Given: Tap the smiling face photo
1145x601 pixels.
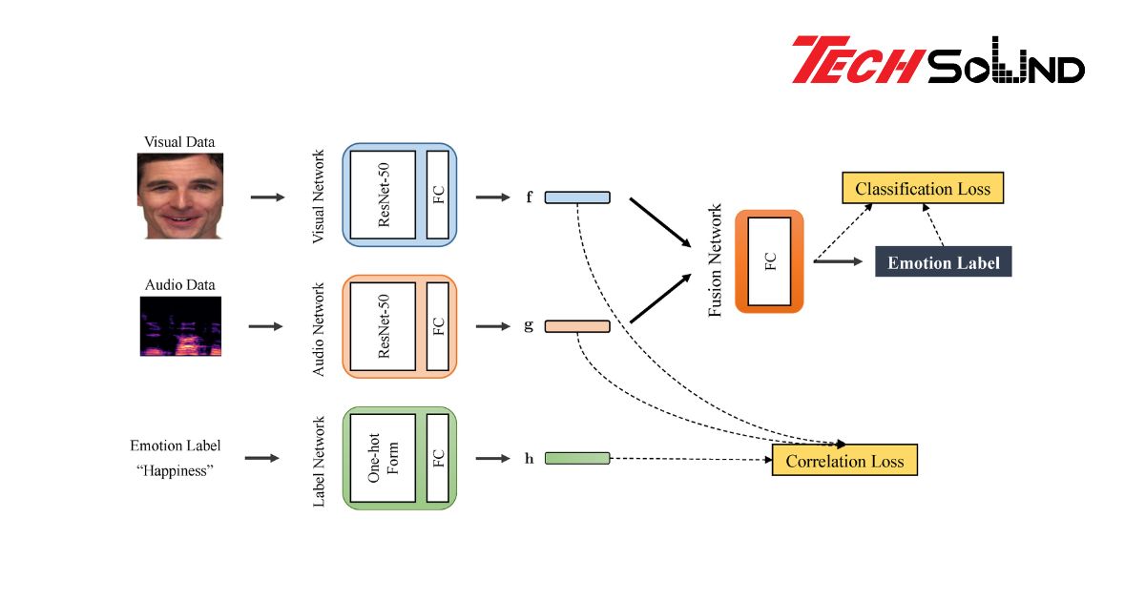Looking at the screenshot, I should pos(180,197).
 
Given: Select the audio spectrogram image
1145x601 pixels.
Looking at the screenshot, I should pos(180,326).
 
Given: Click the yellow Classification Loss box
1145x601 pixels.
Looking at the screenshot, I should pos(923,188).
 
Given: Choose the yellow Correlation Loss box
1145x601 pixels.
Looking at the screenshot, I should pos(844,461).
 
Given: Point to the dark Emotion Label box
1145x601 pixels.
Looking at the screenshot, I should pos(943,262).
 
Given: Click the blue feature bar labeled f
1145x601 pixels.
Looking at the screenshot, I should pos(577,197).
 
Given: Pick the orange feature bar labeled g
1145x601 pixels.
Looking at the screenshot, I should pos(577,326).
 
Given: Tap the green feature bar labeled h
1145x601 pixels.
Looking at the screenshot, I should pos(577,458).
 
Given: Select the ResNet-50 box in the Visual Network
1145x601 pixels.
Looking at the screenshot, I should pos(384,196).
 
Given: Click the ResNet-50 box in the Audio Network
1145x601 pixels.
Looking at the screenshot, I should pos(384,326).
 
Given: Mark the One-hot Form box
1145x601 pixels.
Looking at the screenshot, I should pos(384,458).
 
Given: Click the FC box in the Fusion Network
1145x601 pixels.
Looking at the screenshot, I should pos(770,261).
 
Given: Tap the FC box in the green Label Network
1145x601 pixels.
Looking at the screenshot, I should pos(438,458).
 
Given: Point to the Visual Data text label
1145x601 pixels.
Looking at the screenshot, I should pos(179,142).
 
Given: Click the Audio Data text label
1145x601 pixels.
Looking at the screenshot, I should pos(179,284).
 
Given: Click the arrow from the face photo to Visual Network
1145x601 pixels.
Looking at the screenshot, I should pos(267,197).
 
